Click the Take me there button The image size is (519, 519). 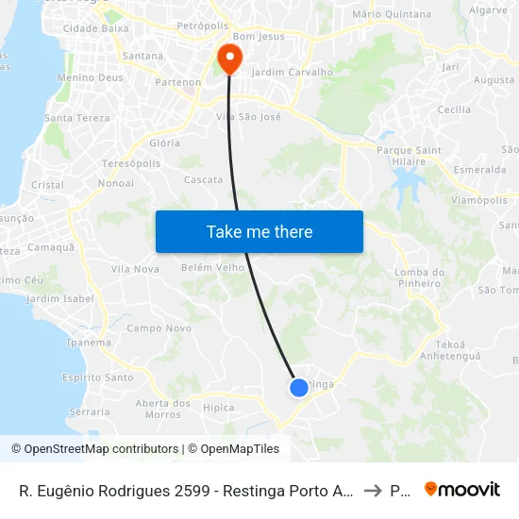pos(259,231)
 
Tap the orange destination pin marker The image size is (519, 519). pos(228,58)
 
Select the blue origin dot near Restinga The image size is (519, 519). pos(299,387)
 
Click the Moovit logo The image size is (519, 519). pos(462,490)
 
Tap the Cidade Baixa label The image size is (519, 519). pos(95,29)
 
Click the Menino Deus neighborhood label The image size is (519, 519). pos(90,77)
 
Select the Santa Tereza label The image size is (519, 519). pos(77,118)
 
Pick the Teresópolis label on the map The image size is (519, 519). pos(131,163)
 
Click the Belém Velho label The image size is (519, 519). pos(212,267)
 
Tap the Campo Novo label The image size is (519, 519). pos(159,328)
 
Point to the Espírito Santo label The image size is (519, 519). pos(98,377)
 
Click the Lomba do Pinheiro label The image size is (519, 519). pos(417,277)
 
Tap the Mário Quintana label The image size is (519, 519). pos(391,14)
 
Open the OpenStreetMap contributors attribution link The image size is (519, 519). pos(95,449)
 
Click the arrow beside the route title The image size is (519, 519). pos(373,491)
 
